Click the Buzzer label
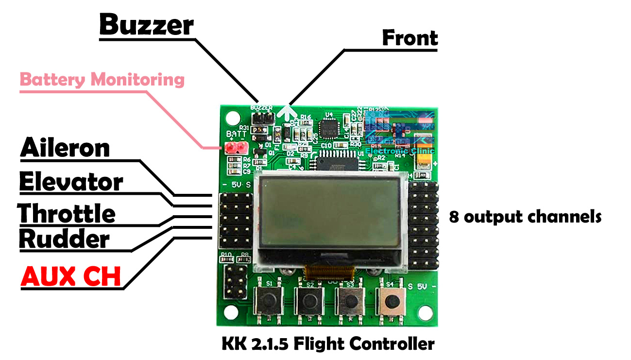[x=146, y=25]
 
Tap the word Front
[x=409, y=38]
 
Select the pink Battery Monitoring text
[x=102, y=79]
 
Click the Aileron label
[x=65, y=148]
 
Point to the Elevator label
[x=71, y=182]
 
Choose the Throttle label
[x=67, y=213]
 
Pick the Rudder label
[x=64, y=239]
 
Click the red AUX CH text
[x=71, y=276]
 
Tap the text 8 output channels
[x=525, y=216]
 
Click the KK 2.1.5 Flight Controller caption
[x=328, y=344]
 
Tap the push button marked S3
[x=350, y=302]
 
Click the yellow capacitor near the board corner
[x=426, y=160]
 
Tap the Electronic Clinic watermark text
[x=399, y=151]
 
